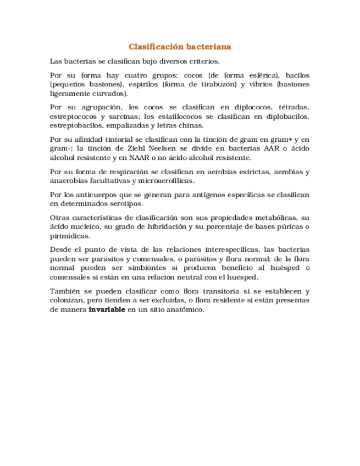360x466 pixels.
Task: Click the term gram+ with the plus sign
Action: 279,139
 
